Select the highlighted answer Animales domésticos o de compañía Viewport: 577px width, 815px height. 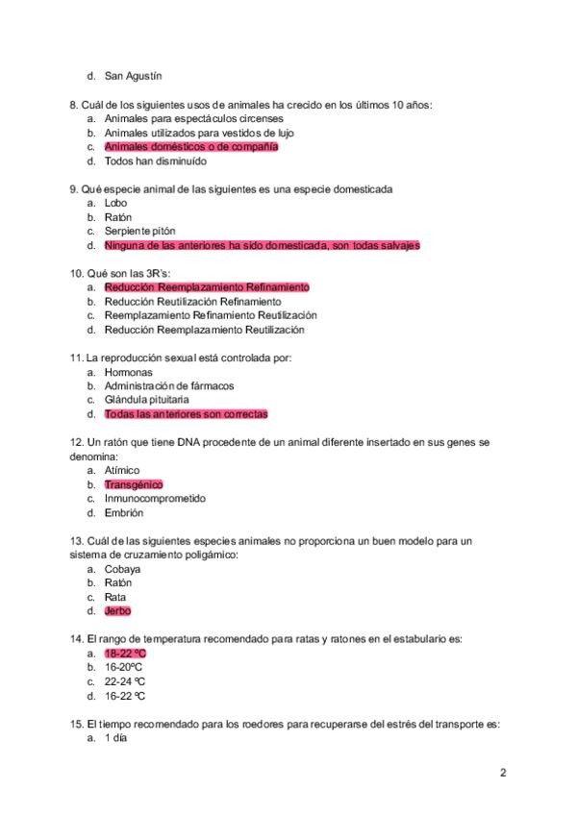point(190,147)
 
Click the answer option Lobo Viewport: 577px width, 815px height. point(115,203)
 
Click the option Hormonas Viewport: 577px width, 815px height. point(128,371)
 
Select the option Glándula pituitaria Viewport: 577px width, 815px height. point(146,400)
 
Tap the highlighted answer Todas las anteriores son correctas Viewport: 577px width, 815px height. point(186,414)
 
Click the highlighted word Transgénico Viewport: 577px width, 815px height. point(134,484)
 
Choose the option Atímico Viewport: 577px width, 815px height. point(122,470)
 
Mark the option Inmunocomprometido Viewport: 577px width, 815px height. point(155,499)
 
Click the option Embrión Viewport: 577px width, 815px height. point(122,513)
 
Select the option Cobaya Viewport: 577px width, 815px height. point(122,569)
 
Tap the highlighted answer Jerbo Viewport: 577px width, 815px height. point(117,611)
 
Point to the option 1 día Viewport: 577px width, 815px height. point(115,738)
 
